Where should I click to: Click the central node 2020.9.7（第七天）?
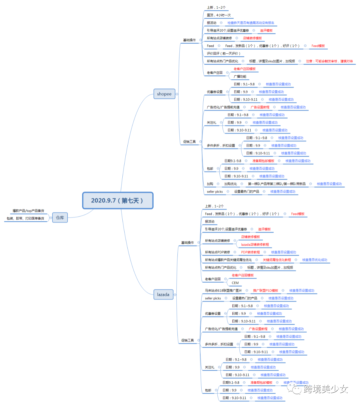point(118,200)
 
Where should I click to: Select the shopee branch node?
point(164,94)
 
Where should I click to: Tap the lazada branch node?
point(163,295)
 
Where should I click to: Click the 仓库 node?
point(60,218)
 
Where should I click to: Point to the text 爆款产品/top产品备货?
point(28,211)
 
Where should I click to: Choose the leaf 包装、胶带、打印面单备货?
point(25,219)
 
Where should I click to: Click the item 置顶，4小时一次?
point(218,15)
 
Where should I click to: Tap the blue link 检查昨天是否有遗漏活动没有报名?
point(251,23)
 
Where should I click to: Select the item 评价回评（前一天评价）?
point(223,54)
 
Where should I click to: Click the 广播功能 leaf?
point(240,77)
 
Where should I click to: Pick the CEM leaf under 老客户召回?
point(235,283)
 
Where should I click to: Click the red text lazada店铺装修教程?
point(255,245)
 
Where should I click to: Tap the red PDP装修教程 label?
point(250,252)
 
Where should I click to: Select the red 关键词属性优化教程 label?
point(277,260)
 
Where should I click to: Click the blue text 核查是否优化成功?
point(314,260)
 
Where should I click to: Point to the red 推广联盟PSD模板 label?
point(265,291)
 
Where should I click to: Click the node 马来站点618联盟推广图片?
point(223,291)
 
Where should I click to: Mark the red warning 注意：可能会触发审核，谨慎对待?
point(329,61)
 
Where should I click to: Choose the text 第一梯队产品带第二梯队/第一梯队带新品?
point(277,184)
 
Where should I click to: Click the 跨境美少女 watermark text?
point(326,389)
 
